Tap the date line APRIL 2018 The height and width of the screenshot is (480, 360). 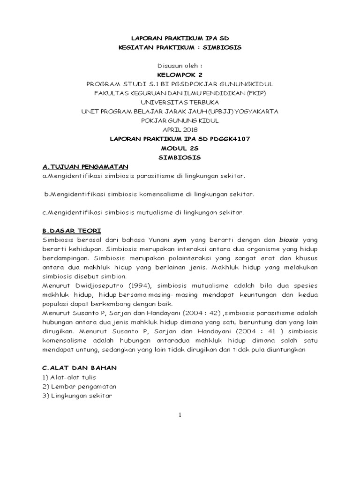pos(180,129)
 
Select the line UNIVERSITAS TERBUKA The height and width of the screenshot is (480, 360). pos(180,102)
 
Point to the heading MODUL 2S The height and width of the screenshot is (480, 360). pos(180,148)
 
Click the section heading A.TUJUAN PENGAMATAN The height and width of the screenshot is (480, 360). pos(85,166)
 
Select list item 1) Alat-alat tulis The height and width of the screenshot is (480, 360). pos(69,377)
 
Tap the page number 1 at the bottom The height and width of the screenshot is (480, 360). pos(180,414)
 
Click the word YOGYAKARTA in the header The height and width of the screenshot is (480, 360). pos(257,111)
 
